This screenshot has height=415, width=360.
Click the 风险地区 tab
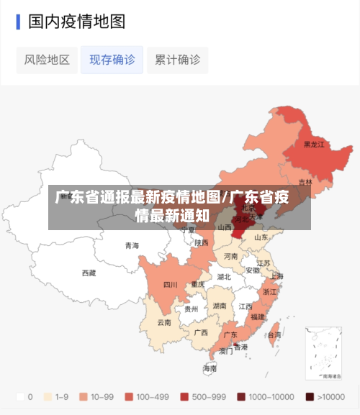(47, 60)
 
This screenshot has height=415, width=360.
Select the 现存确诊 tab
(112, 60)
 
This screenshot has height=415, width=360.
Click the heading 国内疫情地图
(76, 22)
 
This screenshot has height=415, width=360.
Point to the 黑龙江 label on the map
(313, 145)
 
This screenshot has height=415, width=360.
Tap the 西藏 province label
(89, 273)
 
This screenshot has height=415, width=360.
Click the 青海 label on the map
(132, 245)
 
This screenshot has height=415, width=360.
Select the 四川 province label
(170, 284)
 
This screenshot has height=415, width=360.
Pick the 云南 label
(164, 322)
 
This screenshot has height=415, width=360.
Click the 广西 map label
(201, 332)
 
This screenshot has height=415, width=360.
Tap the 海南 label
(209, 368)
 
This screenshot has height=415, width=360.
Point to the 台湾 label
(274, 335)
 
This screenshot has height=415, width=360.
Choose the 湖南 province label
(220, 306)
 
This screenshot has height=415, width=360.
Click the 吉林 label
(305, 182)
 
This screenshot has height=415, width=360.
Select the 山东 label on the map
(261, 237)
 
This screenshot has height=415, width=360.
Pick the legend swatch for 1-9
(48, 396)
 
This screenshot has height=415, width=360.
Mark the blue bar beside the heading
(18, 22)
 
